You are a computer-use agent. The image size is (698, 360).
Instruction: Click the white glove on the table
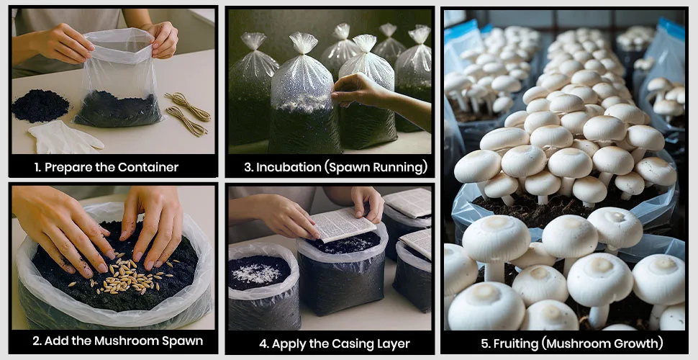65,138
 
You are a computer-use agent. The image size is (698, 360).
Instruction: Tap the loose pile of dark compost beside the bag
40,106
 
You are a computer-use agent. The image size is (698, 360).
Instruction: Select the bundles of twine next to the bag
187,114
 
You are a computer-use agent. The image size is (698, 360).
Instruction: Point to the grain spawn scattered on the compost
124,274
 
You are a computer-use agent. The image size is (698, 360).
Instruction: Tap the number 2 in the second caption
37,341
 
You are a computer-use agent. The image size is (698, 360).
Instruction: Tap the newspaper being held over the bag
343,224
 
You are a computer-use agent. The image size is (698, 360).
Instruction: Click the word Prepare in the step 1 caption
63,168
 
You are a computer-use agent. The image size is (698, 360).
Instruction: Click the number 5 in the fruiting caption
484,343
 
